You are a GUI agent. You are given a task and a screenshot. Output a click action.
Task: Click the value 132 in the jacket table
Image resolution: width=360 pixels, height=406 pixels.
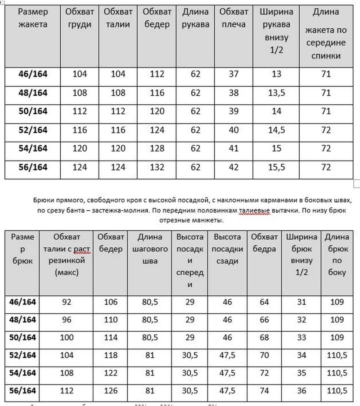coord(157,167)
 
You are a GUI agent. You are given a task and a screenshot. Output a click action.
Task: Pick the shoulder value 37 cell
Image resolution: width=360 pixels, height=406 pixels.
coord(234,74)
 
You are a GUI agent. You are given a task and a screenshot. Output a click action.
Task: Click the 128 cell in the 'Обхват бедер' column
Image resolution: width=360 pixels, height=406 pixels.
coord(157,149)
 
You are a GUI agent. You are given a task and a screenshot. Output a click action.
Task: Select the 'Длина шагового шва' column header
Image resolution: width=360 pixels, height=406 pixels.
coord(148,249)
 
